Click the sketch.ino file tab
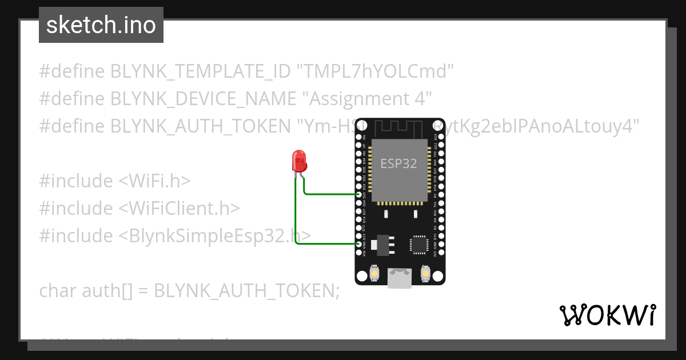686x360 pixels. pos(101,25)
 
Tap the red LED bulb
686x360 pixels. pos(299,161)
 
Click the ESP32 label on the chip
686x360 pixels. pos(399,163)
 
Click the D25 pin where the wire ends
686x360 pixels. pos(359,194)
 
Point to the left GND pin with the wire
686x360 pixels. pos(359,244)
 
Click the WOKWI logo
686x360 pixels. pos(607,315)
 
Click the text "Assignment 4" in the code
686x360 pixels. pos(370,99)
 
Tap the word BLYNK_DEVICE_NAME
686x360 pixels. pos(203,99)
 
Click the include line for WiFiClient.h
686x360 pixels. pos(139,209)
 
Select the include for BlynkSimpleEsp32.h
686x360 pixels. pos(175,236)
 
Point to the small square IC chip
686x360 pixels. pos(418,244)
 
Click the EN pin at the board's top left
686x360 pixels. pos(359,137)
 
